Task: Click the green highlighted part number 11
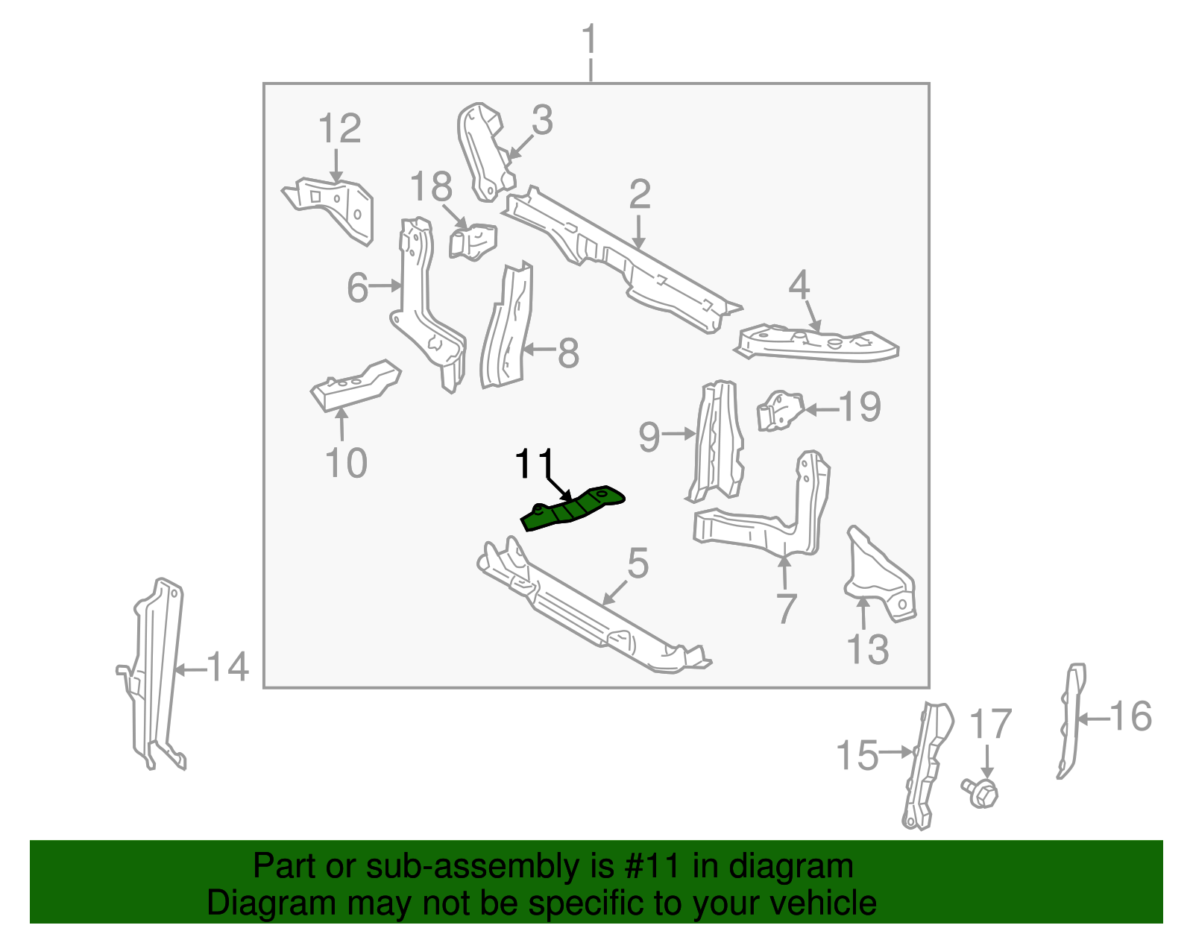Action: point(573,509)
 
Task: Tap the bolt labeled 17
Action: point(982,792)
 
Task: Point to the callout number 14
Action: point(227,666)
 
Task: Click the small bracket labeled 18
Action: point(473,241)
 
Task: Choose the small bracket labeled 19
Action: point(779,410)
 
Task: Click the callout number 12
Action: point(340,128)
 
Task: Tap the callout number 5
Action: point(638,563)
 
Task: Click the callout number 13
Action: point(869,649)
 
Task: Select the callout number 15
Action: point(857,755)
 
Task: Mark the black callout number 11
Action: point(535,463)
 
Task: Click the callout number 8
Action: point(568,353)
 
